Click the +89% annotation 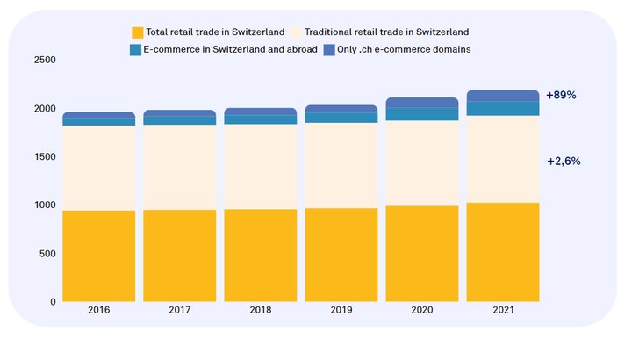tap(561, 95)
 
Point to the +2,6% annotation tap(563, 162)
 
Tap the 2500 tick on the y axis tap(44, 61)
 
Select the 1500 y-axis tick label tap(44, 157)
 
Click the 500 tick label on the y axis tap(47, 254)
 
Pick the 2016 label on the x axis tap(99, 311)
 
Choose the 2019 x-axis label tap(341, 311)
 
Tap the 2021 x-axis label tap(503, 311)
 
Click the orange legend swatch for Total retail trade tap(138, 32)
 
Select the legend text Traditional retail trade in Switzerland tap(387, 32)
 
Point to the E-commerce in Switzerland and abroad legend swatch tap(136, 50)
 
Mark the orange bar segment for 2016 tap(99, 256)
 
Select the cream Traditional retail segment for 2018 tap(260, 167)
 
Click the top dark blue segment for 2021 tap(503, 95)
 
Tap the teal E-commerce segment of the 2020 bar tap(421, 114)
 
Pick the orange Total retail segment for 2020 tap(421, 254)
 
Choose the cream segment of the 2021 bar tap(503, 159)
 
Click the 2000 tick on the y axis tap(44, 109)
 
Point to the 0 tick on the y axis tap(52, 302)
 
